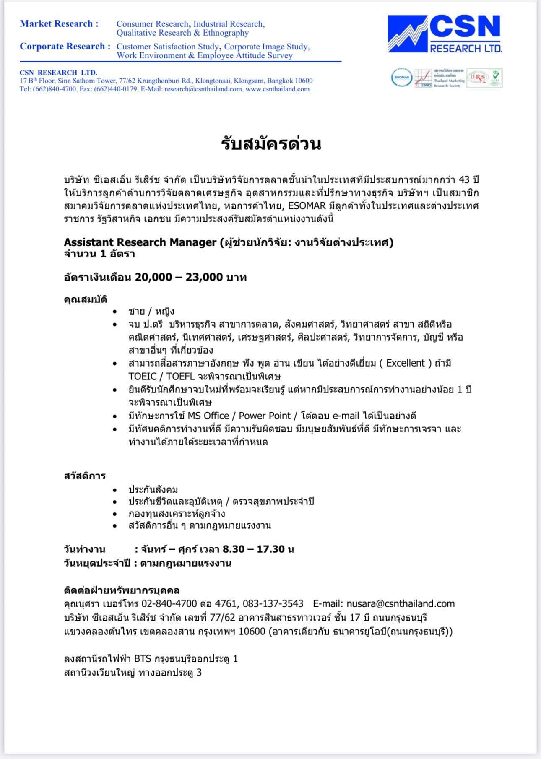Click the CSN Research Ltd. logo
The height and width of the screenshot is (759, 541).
[x=445, y=34]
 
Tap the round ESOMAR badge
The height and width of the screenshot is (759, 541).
[x=401, y=78]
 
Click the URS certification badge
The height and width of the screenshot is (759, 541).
[x=477, y=78]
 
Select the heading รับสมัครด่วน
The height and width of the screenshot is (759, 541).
[x=271, y=144]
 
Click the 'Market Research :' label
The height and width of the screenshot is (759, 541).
[x=59, y=24]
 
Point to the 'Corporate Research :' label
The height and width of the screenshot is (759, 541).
[x=65, y=47]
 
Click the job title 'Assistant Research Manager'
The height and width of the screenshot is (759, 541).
[x=140, y=242]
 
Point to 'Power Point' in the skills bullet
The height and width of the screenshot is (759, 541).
[x=265, y=416]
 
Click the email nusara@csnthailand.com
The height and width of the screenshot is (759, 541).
[x=401, y=603]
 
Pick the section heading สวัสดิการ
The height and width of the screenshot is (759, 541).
[x=85, y=476]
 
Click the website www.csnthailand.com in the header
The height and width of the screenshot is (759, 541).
[x=278, y=89]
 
